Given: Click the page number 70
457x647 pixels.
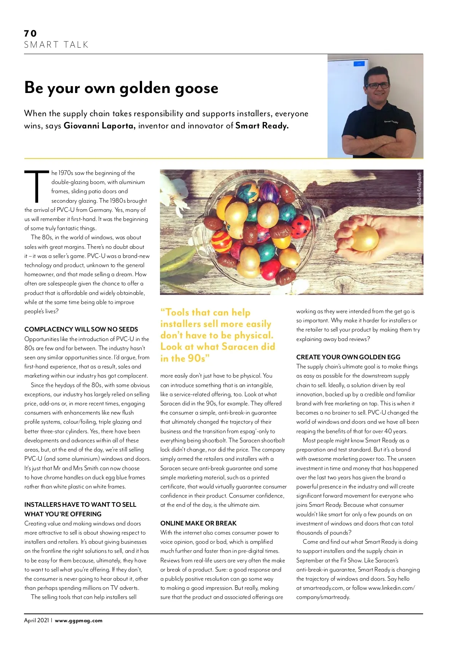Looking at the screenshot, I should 30,34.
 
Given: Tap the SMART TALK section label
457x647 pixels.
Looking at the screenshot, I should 56,45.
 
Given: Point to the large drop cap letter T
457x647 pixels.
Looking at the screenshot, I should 37,187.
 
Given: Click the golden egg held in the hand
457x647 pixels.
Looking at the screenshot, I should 364,238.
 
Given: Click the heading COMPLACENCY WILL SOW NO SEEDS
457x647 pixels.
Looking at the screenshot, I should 81,329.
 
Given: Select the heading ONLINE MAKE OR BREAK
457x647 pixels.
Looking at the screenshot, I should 198,523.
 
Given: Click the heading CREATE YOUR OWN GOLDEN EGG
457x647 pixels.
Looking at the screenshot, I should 348,357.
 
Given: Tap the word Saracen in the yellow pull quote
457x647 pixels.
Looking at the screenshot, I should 240,347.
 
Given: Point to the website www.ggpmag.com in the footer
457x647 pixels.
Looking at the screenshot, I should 78,620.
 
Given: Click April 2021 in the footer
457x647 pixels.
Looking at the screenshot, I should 37,620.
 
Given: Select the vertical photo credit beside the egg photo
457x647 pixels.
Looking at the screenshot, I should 419,200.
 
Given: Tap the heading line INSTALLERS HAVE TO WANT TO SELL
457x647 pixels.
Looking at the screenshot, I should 80,504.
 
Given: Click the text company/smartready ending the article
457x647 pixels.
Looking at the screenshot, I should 323,597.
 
